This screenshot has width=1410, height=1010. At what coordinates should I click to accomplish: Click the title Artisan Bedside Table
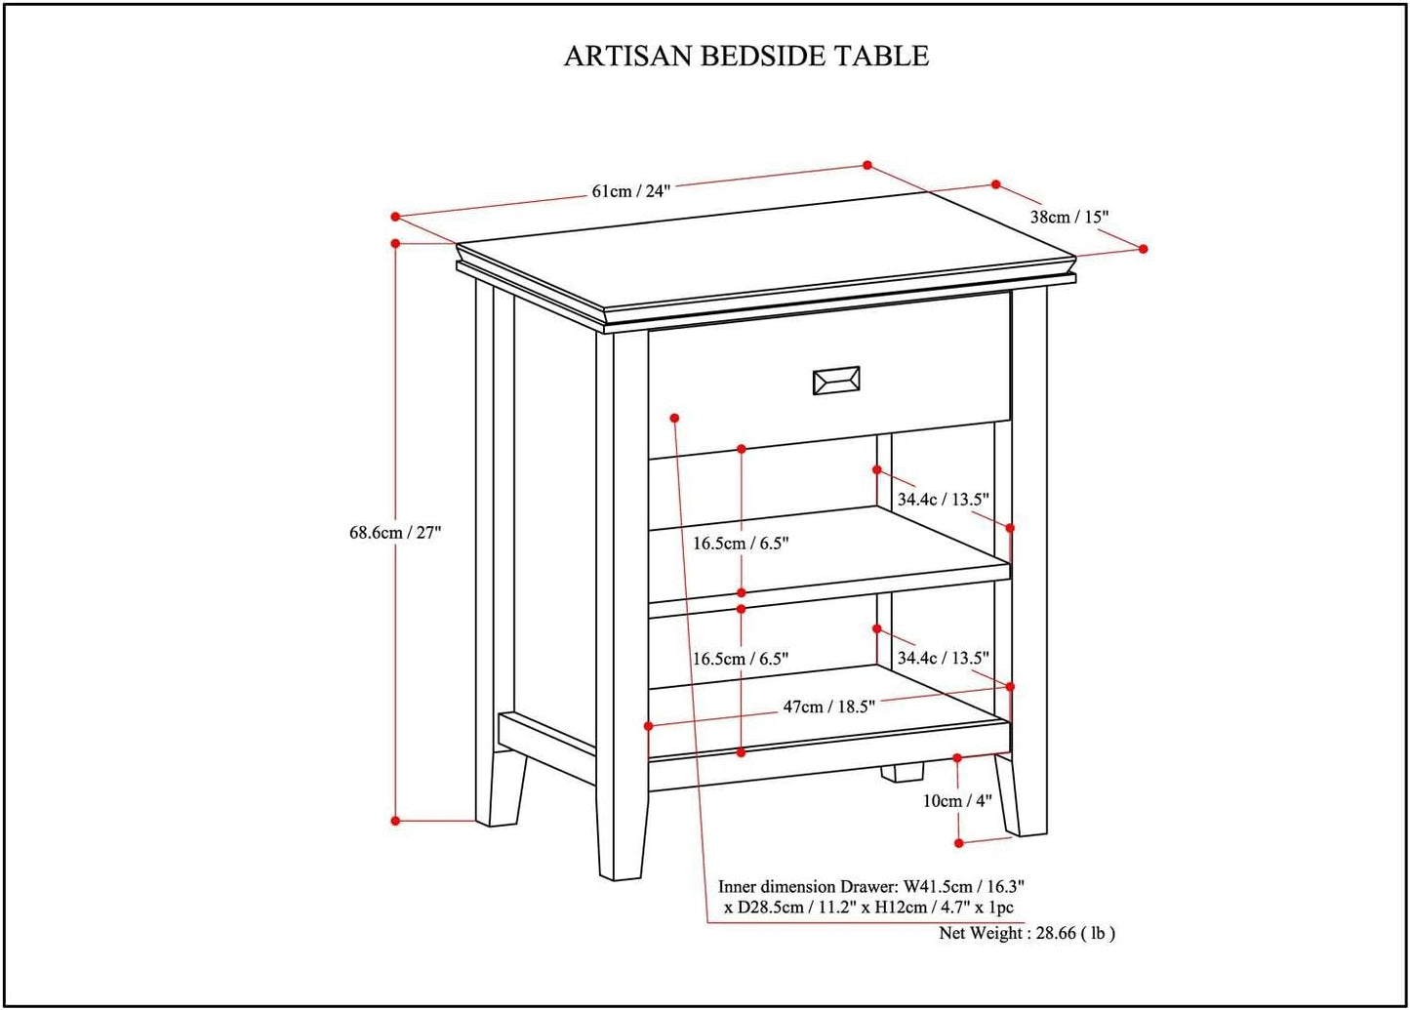pos(746,56)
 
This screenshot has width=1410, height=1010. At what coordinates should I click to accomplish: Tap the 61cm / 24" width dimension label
pos(631,190)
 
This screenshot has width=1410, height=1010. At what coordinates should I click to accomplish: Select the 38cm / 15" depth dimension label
pos(1069,217)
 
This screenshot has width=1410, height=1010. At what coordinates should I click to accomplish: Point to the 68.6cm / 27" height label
pos(395,533)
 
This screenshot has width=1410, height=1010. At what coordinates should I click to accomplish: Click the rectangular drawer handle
pos(836,381)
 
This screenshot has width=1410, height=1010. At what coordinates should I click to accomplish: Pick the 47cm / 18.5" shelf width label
pos(829,707)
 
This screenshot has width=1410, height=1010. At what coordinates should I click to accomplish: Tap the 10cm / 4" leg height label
pos(957,800)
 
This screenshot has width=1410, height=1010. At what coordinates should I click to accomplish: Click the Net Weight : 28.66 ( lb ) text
pos(1027,933)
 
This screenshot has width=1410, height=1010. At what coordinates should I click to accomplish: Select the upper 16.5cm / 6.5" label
pos(741,544)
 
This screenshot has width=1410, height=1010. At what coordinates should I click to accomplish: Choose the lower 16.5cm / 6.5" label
pos(741,659)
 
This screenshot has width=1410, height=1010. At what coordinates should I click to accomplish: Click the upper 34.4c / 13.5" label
pos(943,500)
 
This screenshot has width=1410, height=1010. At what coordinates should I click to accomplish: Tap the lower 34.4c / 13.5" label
pos(943,658)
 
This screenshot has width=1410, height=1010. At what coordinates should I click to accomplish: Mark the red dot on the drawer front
pos(674,418)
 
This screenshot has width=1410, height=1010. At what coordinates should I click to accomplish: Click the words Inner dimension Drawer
pos(806,887)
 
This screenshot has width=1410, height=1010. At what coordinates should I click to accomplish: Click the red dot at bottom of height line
pos(395,821)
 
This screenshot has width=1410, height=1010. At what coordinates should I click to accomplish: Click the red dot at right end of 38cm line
pos(1143,249)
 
